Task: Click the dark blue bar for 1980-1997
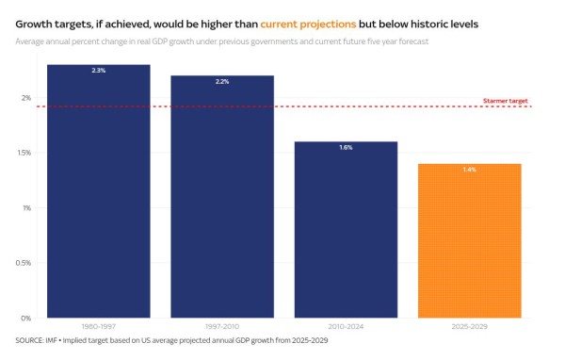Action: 99,193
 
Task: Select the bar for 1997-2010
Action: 222,198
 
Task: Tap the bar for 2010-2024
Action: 346,231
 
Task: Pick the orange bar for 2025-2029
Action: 469,242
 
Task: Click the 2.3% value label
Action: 99,71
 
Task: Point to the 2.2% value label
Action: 222,82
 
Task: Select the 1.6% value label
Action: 346,148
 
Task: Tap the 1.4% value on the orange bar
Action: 469,170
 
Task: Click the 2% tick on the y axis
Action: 27,97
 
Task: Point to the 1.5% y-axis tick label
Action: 24,153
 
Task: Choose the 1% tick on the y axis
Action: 27,207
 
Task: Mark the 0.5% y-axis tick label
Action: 24,263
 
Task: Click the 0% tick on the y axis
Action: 27,318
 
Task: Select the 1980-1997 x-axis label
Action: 99,326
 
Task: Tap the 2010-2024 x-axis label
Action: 346,326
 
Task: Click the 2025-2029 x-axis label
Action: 469,326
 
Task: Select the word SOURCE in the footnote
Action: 31,339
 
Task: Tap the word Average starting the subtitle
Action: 30,42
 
